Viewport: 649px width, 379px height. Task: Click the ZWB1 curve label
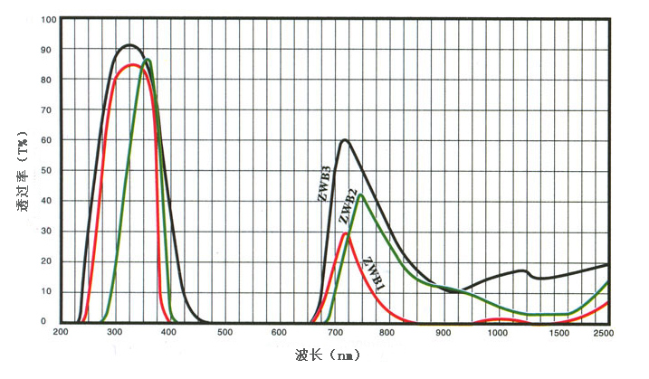coord(374,274)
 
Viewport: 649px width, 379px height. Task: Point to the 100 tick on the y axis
coord(49,19)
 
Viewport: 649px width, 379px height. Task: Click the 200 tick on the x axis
coord(61,333)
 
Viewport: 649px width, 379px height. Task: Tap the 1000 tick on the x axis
coord(498,333)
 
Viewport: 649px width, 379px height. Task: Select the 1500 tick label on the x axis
coord(552,333)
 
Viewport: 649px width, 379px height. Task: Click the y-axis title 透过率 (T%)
coord(22,170)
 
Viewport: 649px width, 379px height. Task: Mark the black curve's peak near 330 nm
coord(129,45)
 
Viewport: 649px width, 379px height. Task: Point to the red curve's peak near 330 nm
coord(131,65)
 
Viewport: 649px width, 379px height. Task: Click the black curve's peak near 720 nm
coord(344,140)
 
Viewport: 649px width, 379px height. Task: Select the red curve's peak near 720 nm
coord(344,233)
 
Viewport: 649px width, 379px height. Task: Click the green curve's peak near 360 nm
coord(147,60)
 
